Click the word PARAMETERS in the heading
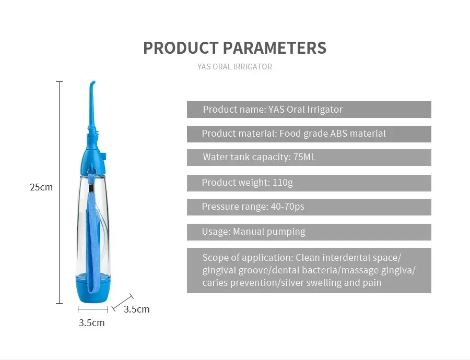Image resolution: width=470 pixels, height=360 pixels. pyautogui.click(x=275, y=48)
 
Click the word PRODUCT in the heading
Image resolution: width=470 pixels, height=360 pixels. pyautogui.click(x=181, y=48)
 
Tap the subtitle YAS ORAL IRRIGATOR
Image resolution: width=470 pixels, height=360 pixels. pyautogui.click(x=234, y=66)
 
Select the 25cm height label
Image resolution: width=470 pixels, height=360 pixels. pyautogui.click(x=41, y=187)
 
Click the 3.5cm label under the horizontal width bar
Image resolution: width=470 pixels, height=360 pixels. pyautogui.click(x=92, y=323)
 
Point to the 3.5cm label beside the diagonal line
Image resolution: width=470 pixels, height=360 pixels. pyautogui.click(x=137, y=309)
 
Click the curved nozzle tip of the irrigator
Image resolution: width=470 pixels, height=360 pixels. pyautogui.click(x=92, y=83)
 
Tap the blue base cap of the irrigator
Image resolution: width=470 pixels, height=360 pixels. pyautogui.click(x=93, y=289)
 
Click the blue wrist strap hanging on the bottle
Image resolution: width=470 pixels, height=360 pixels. pyautogui.click(x=92, y=234)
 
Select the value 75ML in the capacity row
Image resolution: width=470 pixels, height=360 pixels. pyautogui.click(x=304, y=157)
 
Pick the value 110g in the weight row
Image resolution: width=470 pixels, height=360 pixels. pyautogui.click(x=283, y=183)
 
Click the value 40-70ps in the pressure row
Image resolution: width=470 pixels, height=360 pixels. pyautogui.click(x=287, y=207)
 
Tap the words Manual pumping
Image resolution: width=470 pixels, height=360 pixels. pyautogui.click(x=269, y=232)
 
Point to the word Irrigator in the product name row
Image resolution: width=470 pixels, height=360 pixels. pyautogui.click(x=324, y=110)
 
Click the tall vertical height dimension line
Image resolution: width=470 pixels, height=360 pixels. pyautogui.click(x=60, y=193)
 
